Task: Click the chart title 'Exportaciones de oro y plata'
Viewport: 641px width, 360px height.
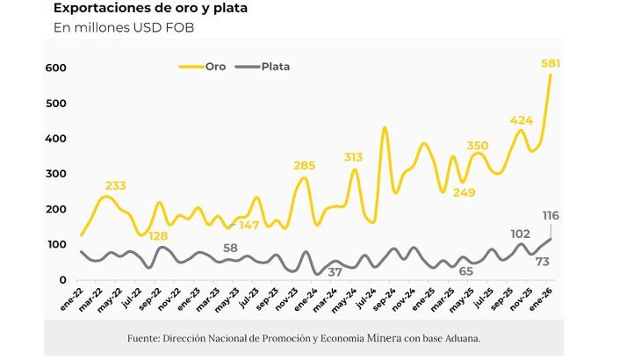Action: click(150, 9)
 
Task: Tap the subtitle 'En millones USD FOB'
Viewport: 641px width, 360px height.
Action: click(124, 28)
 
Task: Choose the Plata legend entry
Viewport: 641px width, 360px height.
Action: click(275, 66)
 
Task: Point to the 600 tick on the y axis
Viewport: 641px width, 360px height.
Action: click(56, 68)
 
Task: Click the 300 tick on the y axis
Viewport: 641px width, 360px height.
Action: click(56, 174)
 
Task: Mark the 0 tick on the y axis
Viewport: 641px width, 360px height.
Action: click(62, 280)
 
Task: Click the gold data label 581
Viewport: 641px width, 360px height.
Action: click(551, 63)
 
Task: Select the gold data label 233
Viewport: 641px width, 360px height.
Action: click(115, 185)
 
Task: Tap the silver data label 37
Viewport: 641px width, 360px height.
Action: click(334, 272)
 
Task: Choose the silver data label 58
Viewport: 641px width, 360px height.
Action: click(231, 248)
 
